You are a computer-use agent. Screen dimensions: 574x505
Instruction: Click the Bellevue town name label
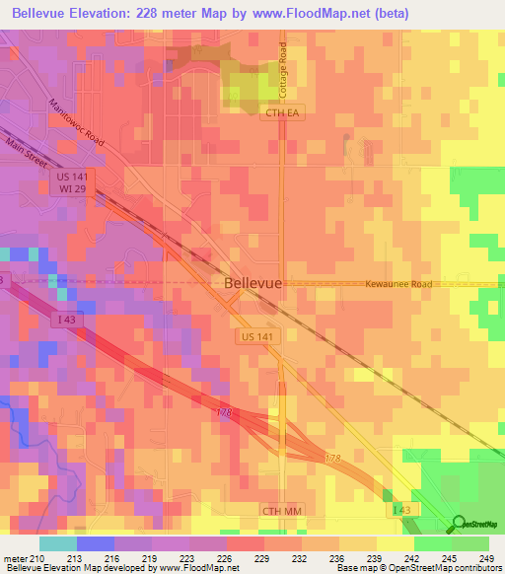point(253,283)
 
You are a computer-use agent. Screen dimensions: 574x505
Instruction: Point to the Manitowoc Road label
point(76,123)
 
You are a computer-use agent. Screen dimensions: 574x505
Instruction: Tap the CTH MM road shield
point(281,510)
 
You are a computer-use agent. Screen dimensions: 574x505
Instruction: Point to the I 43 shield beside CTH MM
point(397,509)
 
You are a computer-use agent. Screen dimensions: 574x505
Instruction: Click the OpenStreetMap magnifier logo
point(459,525)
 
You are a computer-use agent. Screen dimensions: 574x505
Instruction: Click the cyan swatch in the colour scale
point(57,543)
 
